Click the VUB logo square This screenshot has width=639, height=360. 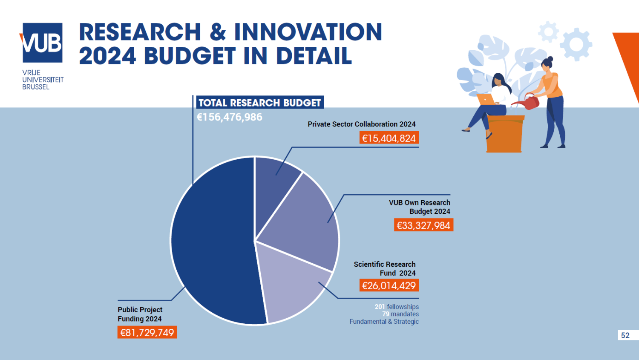click(x=42, y=43)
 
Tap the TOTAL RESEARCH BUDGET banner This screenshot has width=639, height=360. click(x=259, y=103)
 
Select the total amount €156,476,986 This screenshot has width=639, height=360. click(x=229, y=117)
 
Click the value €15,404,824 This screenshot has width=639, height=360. click(x=389, y=138)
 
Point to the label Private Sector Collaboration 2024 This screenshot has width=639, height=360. click(x=361, y=124)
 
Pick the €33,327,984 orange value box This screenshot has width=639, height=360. click(x=423, y=225)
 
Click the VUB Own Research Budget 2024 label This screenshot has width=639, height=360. click(x=420, y=207)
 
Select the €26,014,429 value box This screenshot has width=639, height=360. click(x=389, y=285)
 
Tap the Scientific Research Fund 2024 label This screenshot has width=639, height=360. click(x=385, y=268)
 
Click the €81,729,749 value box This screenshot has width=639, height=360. click(x=147, y=332)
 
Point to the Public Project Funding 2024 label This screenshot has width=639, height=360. click(x=140, y=314)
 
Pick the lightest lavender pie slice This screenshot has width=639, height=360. click(x=290, y=285)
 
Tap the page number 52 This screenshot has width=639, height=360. click(x=625, y=335)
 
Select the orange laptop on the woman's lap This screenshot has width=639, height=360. click(x=485, y=100)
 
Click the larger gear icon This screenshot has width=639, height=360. click(x=576, y=44)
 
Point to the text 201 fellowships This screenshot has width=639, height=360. click(x=397, y=307)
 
